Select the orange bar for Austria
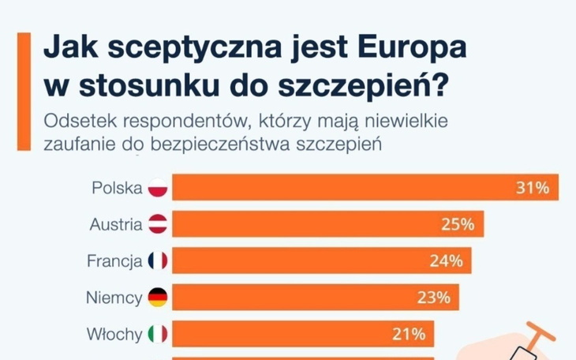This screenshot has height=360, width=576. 316,224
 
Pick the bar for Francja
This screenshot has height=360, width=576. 308,261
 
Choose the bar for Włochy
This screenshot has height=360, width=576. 292,334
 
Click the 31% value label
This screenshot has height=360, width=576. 532,188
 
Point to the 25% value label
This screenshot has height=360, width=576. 457,224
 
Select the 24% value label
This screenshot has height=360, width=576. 446,261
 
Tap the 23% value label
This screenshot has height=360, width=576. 434,298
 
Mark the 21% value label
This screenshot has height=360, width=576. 409,334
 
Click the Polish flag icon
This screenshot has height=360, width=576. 158,188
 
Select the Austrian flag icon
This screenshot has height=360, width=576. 158,224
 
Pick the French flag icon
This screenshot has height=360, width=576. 158,261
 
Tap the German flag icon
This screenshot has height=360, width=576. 158,298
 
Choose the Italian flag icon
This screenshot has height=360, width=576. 158,334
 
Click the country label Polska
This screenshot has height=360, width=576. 117,188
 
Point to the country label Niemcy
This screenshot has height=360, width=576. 114,298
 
